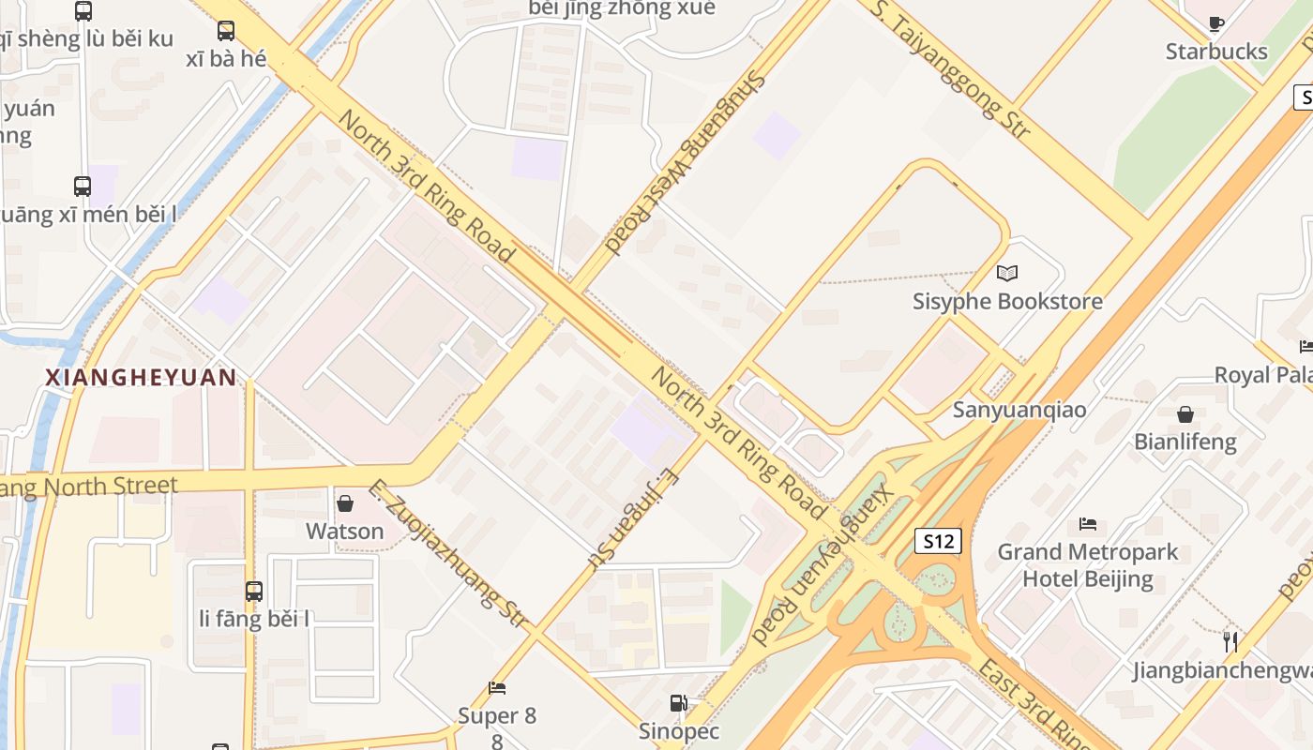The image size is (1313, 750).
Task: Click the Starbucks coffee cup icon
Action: (x=1216, y=23)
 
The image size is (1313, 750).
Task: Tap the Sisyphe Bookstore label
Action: (x=1007, y=302)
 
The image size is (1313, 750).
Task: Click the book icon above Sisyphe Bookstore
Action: (x=1007, y=273)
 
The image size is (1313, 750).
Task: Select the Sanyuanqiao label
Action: (x=1019, y=410)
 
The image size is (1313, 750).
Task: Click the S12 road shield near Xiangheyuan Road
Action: (x=938, y=541)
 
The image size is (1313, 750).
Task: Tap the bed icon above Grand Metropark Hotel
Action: (x=1088, y=523)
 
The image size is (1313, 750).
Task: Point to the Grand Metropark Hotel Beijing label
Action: (x=1088, y=564)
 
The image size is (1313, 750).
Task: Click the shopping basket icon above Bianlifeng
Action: (x=1185, y=413)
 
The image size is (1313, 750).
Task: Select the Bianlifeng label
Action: (x=1185, y=442)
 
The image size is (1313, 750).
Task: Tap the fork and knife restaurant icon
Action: (x=1230, y=642)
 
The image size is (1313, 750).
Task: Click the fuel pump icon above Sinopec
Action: (x=678, y=702)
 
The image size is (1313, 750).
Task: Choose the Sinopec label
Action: (x=678, y=731)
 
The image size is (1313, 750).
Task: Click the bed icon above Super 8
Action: (x=497, y=689)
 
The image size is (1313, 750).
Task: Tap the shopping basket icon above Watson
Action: (x=345, y=503)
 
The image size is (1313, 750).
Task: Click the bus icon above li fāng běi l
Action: (x=253, y=592)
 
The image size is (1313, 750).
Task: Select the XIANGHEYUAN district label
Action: (x=141, y=377)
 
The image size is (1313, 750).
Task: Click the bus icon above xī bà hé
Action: (x=226, y=31)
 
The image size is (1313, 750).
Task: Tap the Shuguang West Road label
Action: (x=687, y=162)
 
